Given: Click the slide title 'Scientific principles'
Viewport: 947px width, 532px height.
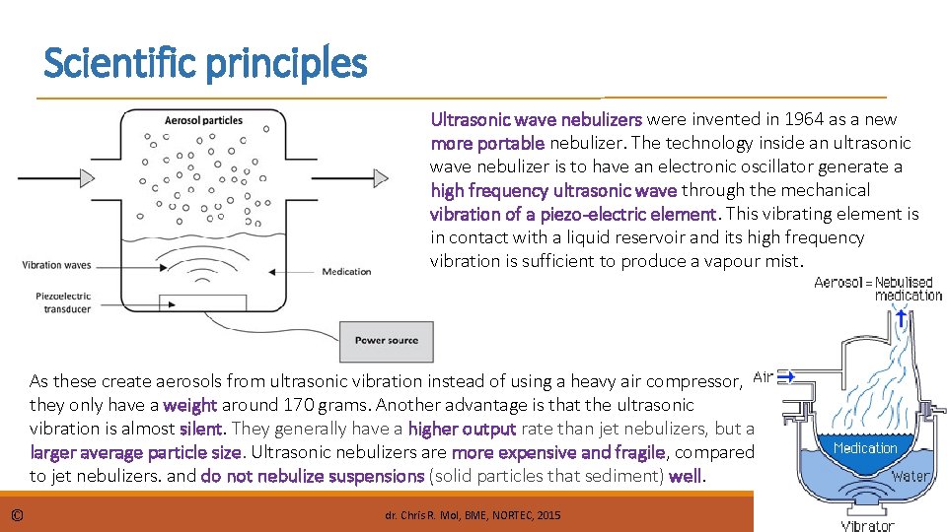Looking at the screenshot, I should [x=205, y=64].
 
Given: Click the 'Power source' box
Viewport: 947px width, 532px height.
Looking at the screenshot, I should [x=387, y=341].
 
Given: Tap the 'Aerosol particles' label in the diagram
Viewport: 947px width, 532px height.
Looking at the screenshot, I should [x=203, y=120].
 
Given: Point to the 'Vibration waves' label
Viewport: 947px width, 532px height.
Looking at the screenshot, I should [x=56, y=265].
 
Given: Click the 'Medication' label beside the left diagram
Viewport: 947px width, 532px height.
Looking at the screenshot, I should [x=346, y=271].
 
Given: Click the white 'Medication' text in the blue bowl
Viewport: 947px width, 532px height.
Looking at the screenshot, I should [x=865, y=448].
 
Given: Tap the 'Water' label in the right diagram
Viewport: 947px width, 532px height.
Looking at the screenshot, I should [x=911, y=478].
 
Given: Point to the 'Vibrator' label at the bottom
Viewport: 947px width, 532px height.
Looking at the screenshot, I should [x=867, y=525].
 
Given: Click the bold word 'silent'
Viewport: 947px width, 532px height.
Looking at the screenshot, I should [x=203, y=429].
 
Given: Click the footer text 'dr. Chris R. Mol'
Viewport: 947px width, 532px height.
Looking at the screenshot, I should [x=425, y=515].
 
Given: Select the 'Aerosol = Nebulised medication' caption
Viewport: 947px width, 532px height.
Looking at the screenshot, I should [x=877, y=289].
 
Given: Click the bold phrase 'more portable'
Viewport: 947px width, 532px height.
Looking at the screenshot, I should [x=487, y=143].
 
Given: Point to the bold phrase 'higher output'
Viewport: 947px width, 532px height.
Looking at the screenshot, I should [x=462, y=429].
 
